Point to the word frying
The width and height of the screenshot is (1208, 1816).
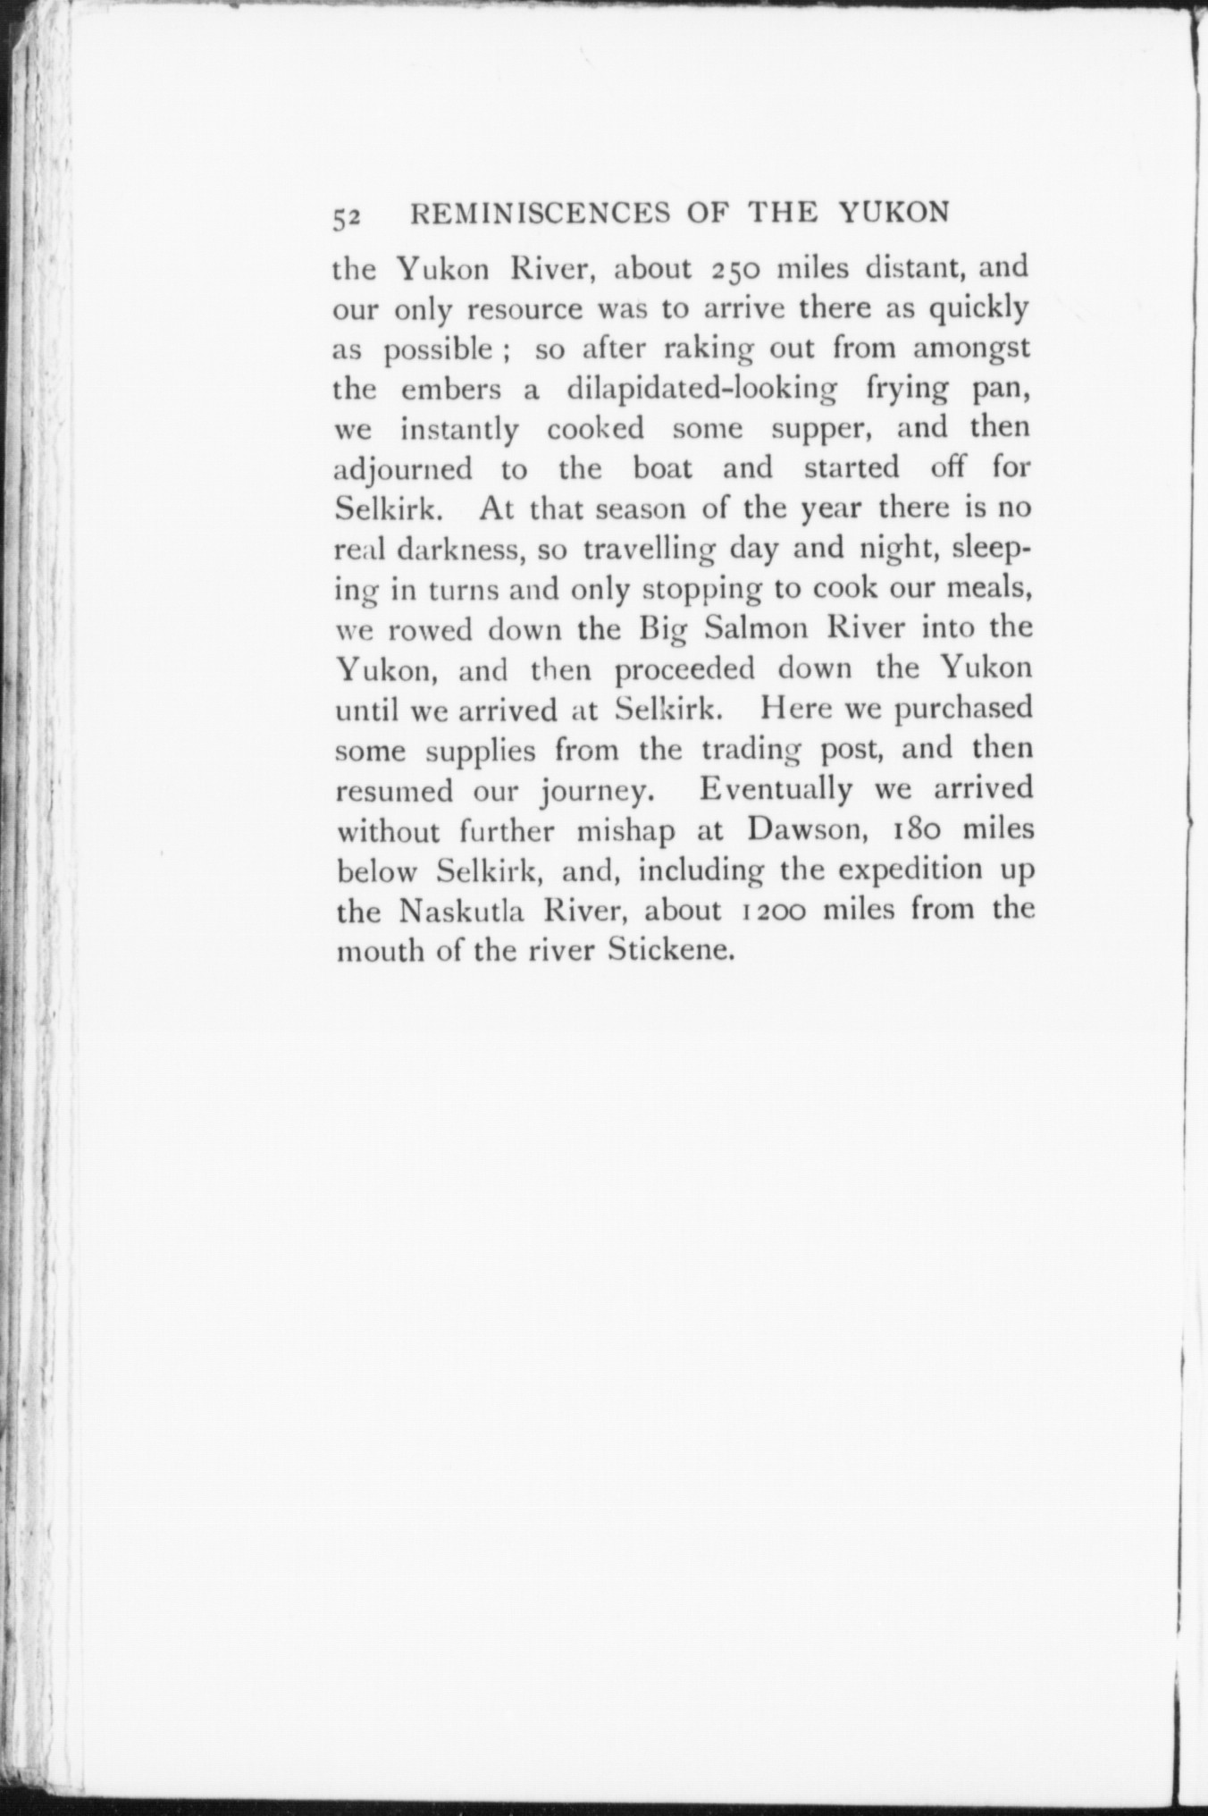911,391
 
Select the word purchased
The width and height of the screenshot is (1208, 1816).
963,709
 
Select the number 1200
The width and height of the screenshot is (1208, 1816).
774,911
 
